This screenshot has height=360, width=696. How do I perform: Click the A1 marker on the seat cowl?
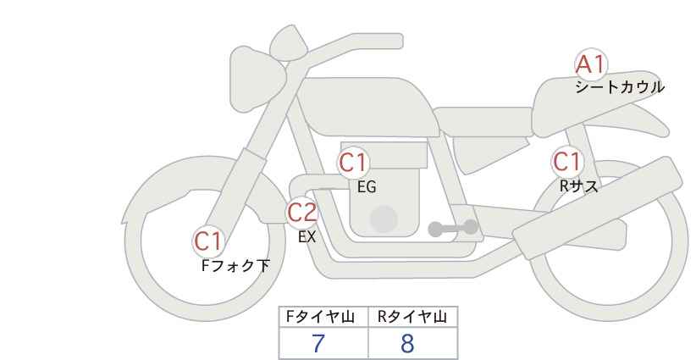pos(591,64)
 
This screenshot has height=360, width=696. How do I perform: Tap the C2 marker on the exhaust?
pos(301,212)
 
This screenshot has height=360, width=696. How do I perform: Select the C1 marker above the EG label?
pos(353,163)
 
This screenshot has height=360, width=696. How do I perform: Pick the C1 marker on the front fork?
pos(208,241)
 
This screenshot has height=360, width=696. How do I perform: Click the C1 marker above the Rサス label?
pos(567,162)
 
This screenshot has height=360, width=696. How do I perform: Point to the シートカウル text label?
pos(620,87)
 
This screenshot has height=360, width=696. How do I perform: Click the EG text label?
pos(367,187)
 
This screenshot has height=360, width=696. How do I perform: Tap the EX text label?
pos(307,237)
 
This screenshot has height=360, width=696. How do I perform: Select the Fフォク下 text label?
pos(235,266)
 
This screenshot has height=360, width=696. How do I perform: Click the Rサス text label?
pos(578,186)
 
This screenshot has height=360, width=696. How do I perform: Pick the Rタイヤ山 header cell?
pos(413,317)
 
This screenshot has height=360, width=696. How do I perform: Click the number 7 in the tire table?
pos(318,344)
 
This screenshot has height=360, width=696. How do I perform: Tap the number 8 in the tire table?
pos(407,344)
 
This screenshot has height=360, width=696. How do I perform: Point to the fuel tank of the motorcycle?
pos(368,107)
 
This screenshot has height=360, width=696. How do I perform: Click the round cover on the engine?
pos(384,219)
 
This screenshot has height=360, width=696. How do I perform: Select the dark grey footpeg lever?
pos(453,228)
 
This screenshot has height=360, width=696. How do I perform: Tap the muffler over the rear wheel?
pos(597,208)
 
